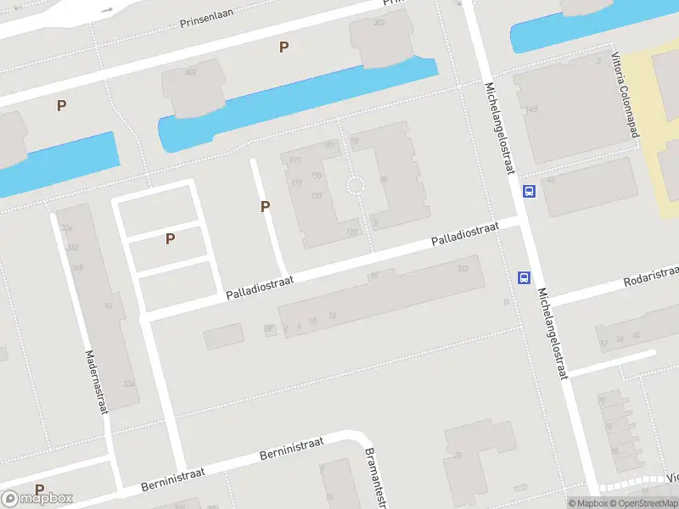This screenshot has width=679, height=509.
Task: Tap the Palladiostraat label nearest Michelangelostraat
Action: pyautogui.click(x=464, y=236)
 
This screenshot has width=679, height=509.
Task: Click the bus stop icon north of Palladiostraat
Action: pyautogui.click(x=529, y=191)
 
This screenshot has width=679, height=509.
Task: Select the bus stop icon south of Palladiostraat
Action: pyautogui.click(x=525, y=277)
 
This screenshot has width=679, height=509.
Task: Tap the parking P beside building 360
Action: pyautogui.click(x=283, y=48)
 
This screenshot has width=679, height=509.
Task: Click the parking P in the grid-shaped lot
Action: pyautogui.click(x=170, y=239)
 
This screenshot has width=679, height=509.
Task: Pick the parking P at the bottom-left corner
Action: pyautogui.click(x=39, y=489)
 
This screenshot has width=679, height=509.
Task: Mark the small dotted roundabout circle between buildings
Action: pyautogui.click(x=356, y=185)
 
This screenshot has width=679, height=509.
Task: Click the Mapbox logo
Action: pyautogui.click(x=37, y=498)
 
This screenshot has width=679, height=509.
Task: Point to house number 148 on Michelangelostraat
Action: pyautogui.click(x=532, y=109)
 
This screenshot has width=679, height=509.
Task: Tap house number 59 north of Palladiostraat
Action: pyautogui.click(x=384, y=179)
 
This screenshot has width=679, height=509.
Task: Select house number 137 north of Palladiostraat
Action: pyautogui.click(x=317, y=196)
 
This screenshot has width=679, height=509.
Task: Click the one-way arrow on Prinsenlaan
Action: pyautogui.click(x=106, y=9)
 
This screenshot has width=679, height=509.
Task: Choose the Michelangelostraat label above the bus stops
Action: pyautogui.click(x=500, y=127)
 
